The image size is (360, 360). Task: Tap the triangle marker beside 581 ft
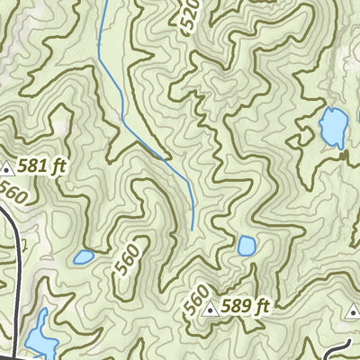[x=8, y=166]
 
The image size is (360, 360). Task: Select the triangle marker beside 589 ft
[x=211, y=310]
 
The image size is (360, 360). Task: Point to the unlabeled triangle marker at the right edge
[x=351, y=310]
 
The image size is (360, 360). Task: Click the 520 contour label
[x=192, y=15]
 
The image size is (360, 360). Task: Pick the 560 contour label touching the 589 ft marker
[x=195, y=299]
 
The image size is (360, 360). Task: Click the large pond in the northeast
[x=333, y=128]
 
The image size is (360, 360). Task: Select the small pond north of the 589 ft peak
[x=247, y=245]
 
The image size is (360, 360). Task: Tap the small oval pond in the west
[x=84, y=257]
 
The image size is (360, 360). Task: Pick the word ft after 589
[x=262, y=308]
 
